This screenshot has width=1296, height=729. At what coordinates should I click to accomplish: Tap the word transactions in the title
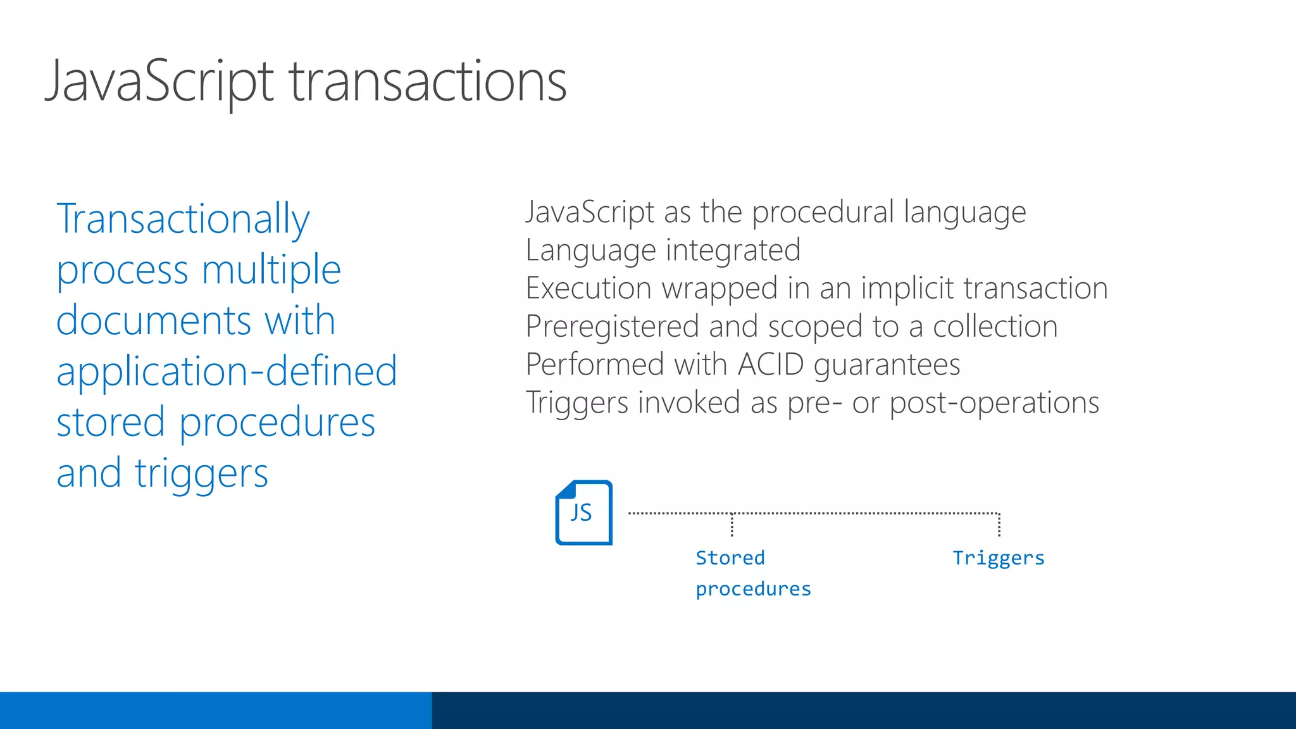[428, 81]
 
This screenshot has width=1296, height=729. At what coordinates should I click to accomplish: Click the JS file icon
[583, 513]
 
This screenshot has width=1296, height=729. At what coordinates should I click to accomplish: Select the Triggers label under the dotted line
[998, 558]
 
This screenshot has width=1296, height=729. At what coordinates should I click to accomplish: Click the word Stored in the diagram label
[730, 558]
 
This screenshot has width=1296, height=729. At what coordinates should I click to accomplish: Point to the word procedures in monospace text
[753, 589]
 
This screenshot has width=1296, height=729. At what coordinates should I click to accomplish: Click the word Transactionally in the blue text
[183, 219]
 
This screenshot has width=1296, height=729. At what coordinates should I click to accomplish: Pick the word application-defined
[227, 371]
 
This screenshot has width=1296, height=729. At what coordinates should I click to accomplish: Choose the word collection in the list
[995, 327]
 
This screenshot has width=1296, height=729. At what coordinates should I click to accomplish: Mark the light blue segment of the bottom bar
[215, 710]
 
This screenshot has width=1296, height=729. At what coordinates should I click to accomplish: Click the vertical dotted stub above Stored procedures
[732, 525]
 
